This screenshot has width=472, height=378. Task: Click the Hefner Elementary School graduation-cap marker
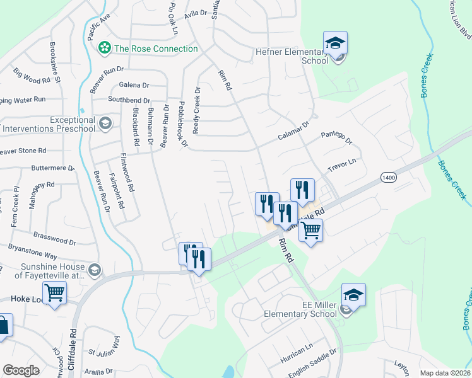335,43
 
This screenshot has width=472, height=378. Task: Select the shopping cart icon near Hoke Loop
55,292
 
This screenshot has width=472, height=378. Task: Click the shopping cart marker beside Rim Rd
310,231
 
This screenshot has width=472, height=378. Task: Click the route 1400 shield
389,178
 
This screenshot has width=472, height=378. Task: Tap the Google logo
21,370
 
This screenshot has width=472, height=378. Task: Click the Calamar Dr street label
294,132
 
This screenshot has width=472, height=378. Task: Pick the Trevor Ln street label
342,166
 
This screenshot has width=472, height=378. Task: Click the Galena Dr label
134,85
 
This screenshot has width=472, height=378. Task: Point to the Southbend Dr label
129,100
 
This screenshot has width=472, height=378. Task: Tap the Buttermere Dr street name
53,169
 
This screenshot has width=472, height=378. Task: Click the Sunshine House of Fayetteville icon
94,270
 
